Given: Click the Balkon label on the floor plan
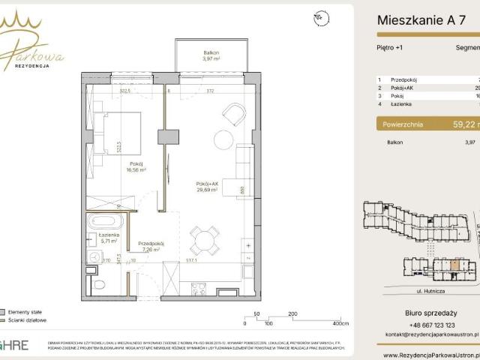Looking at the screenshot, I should (211, 55).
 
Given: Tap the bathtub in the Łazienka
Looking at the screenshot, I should (106, 222).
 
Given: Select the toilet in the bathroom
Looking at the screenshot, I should (94, 281).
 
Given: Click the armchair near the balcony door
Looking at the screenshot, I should (234, 115).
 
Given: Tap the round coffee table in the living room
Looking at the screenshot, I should (223, 140).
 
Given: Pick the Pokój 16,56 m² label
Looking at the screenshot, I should (136, 166).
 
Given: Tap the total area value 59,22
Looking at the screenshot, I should (457, 125).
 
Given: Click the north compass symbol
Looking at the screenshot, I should (322, 16).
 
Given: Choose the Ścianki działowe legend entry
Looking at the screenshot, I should (28, 319).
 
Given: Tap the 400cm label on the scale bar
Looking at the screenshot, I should (340, 325).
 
